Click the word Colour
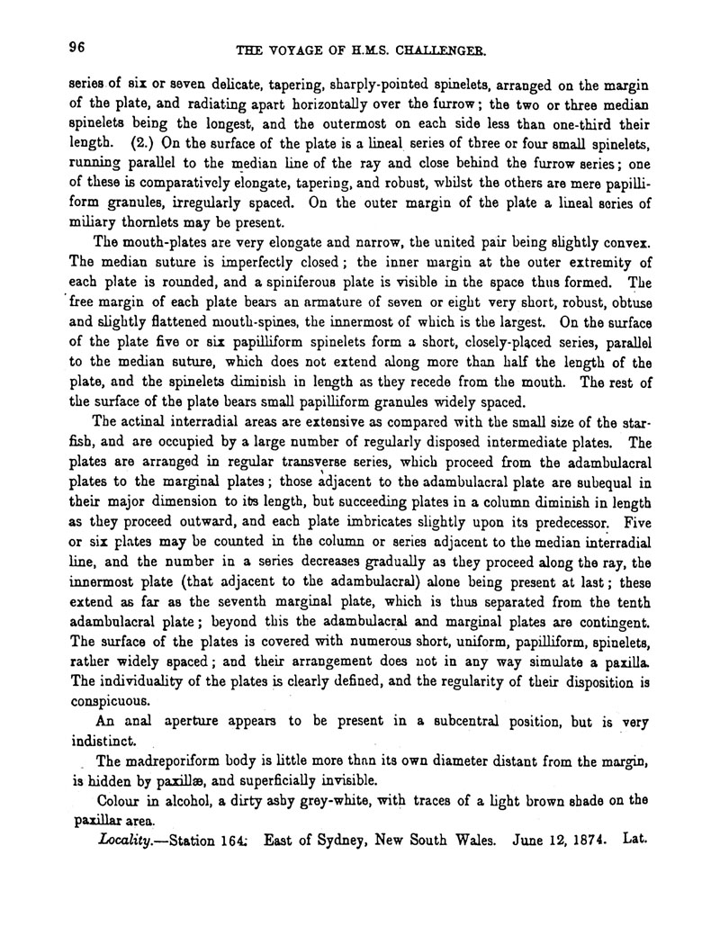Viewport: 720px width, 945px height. tap(121, 801)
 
